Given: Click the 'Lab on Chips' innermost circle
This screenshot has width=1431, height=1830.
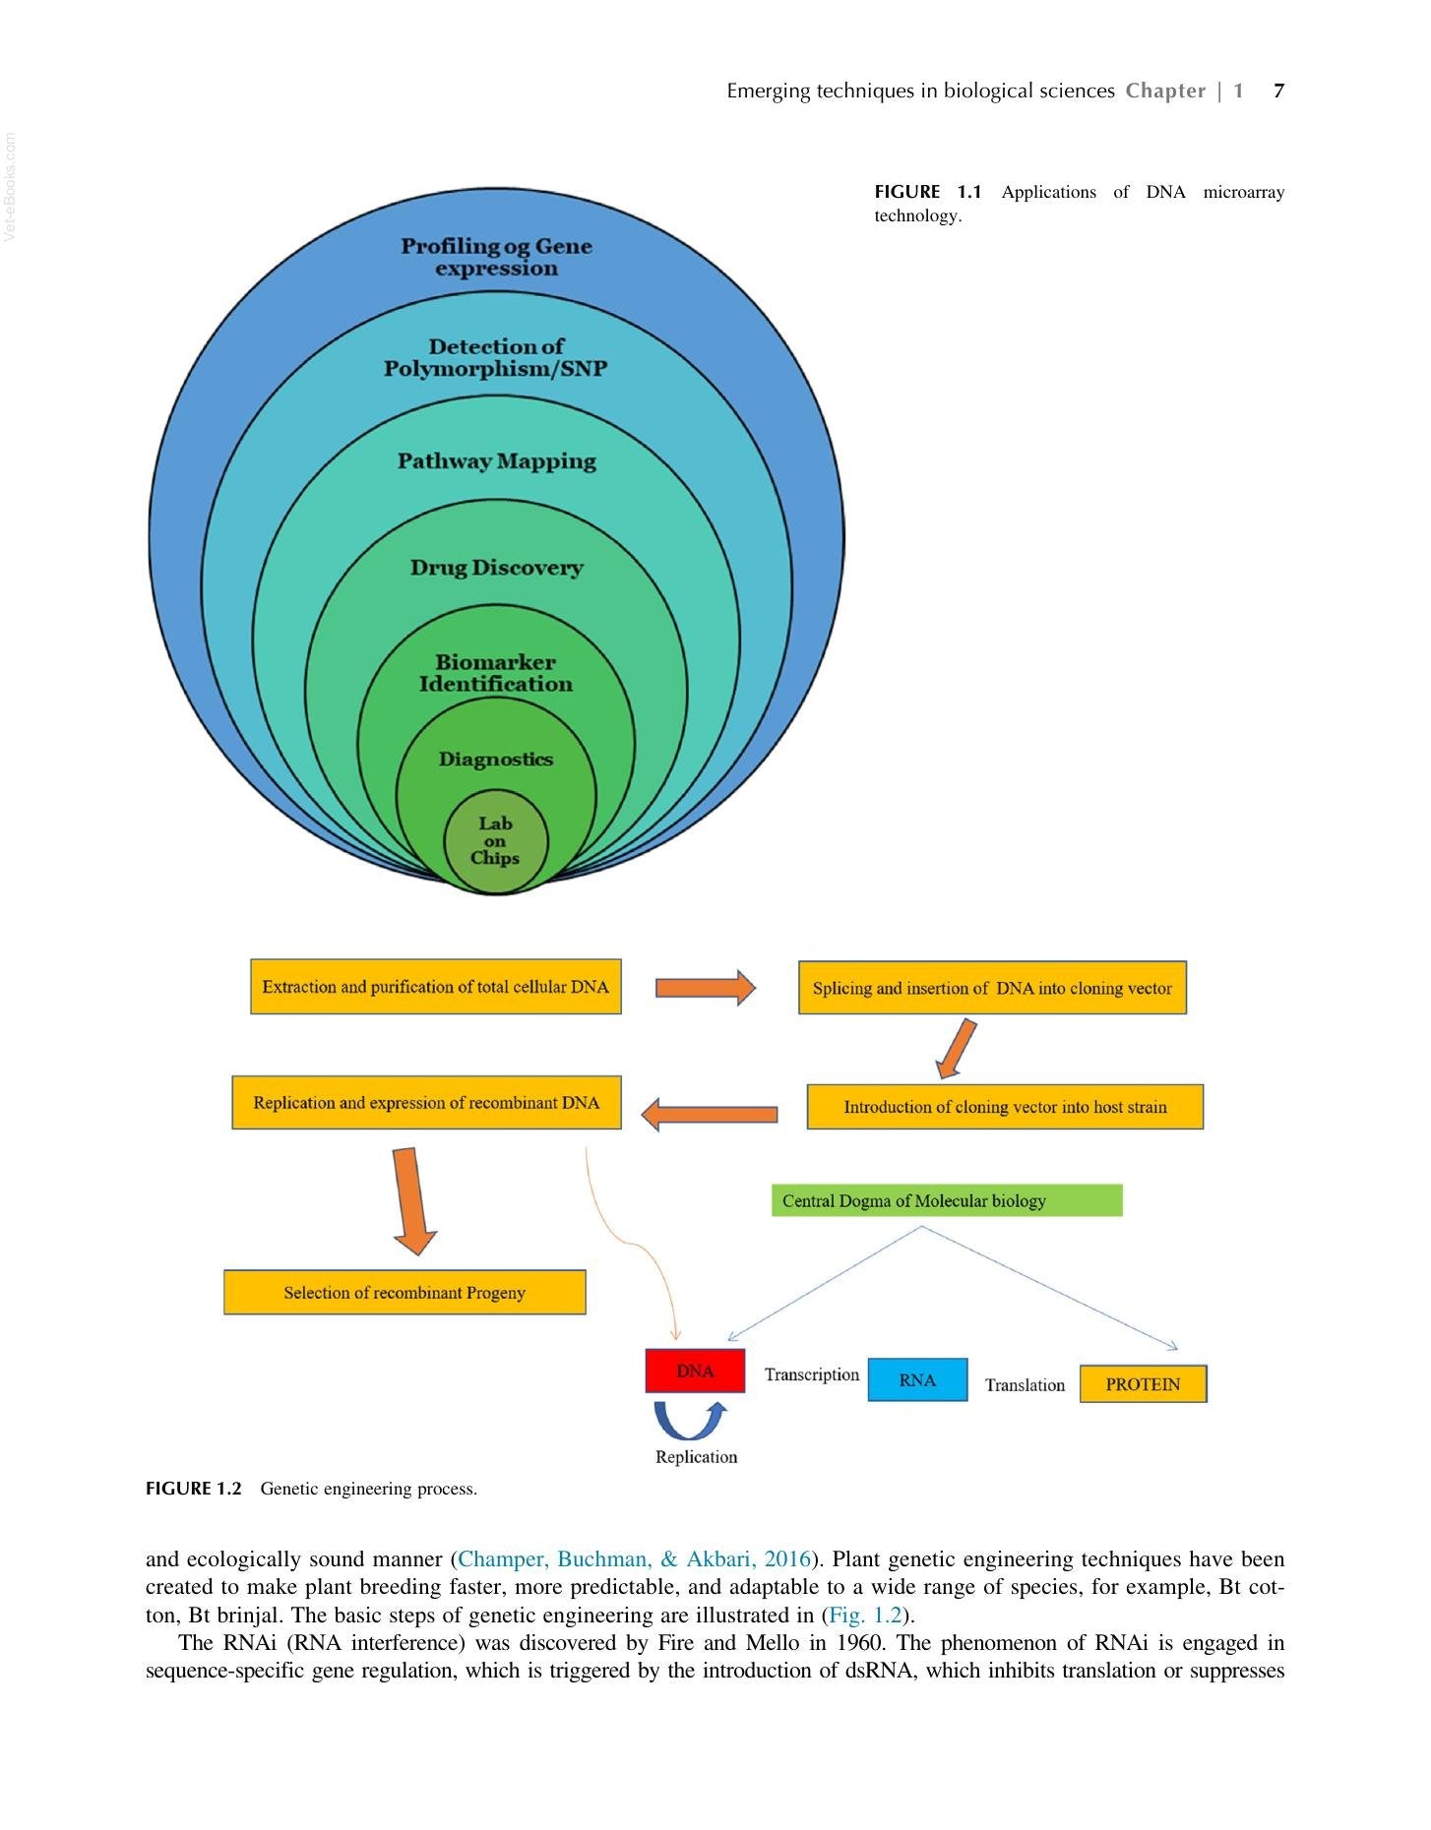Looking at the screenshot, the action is click(495, 841).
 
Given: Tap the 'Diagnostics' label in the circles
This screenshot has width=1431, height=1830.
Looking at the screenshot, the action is click(496, 759).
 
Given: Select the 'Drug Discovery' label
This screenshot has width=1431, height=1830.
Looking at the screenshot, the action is click(497, 568).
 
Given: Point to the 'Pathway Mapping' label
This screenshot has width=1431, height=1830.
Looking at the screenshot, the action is click(497, 460).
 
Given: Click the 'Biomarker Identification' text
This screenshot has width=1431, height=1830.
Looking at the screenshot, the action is click(496, 673).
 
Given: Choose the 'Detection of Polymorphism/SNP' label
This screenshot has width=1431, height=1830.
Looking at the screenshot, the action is click(496, 357).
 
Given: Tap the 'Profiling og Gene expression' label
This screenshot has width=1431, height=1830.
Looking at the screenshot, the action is click(496, 257).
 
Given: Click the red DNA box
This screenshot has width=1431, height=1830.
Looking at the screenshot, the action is click(695, 1371).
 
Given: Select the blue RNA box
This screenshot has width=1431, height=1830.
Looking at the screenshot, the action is click(917, 1379).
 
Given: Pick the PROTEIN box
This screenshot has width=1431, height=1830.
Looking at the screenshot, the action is click(1143, 1383).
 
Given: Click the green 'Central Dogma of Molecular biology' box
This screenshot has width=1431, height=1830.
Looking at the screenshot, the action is click(947, 1200).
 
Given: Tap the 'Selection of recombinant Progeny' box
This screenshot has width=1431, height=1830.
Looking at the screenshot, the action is click(404, 1292).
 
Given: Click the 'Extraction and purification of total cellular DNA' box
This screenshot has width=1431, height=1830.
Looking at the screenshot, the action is click(436, 986).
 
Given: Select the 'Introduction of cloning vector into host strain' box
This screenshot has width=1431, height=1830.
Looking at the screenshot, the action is click(1005, 1107).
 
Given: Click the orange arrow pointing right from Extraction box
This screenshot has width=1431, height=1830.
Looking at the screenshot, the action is click(706, 987).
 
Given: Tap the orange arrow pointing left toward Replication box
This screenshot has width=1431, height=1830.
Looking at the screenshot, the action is click(709, 1115).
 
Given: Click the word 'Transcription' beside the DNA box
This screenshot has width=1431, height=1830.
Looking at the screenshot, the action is click(812, 1374).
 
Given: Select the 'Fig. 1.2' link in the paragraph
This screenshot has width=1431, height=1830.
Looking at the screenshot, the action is click(865, 1615).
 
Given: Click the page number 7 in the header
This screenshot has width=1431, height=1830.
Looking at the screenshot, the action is click(1278, 91).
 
